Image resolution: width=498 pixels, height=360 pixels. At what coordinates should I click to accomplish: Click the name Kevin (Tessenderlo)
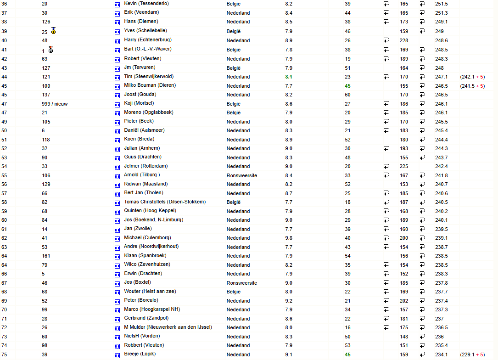[146, 4]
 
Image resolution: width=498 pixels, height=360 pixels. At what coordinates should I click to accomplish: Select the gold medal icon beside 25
[54, 31]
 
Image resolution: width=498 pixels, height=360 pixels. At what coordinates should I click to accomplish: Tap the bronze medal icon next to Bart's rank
[50, 49]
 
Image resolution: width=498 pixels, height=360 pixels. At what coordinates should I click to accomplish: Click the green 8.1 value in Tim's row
[288, 77]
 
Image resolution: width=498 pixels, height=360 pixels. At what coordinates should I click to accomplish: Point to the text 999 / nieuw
[55, 104]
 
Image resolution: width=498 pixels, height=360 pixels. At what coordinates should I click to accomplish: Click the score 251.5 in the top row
[442, 4]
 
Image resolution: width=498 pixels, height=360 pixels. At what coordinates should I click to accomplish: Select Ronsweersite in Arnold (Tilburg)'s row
[241, 175]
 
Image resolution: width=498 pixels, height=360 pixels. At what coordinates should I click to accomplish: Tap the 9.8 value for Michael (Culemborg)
[288, 238]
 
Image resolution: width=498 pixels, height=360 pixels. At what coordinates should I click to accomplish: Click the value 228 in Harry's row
[404, 40]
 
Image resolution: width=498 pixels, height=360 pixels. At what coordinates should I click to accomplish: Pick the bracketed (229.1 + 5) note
[472, 354]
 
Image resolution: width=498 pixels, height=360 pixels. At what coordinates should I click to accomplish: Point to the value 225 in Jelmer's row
[404, 166]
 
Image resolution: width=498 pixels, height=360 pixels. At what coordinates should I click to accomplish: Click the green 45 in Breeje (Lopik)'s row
[347, 354]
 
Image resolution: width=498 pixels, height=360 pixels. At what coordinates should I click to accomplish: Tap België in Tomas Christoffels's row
[233, 202]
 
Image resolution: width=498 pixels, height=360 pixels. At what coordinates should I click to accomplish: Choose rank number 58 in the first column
[4, 202]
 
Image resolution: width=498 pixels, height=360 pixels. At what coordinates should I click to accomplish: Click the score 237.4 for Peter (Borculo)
[442, 301]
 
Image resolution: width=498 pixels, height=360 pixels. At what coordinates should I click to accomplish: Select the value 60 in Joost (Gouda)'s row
[347, 95]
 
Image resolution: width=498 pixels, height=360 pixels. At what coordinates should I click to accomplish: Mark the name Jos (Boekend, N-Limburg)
[153, 220]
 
